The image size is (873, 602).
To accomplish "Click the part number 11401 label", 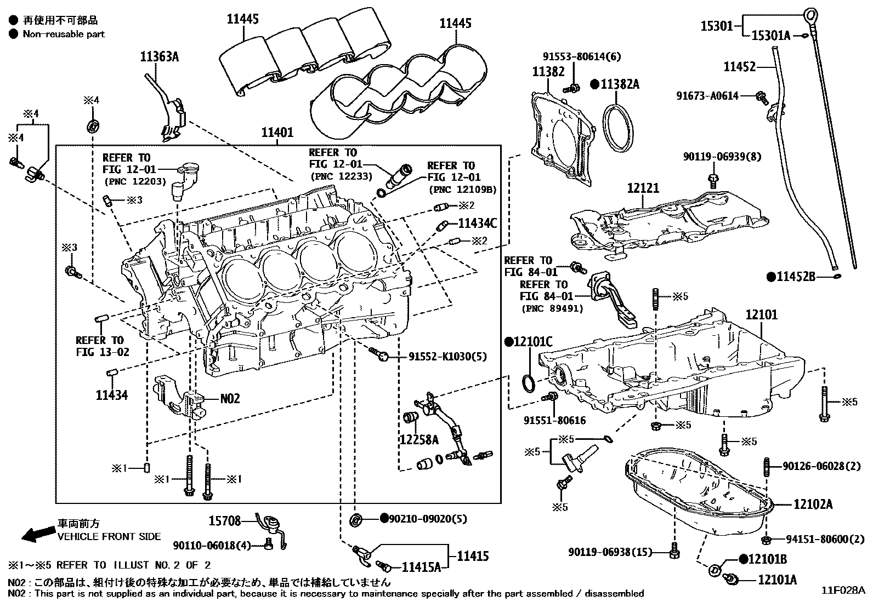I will (x=277, y=133).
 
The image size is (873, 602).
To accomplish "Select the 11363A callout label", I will (x=160, y=56).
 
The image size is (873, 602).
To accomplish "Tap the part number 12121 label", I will (x=643, y=188).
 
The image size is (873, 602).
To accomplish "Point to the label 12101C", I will (x=532, y=342).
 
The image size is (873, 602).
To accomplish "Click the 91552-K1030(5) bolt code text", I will (x=447, y=357).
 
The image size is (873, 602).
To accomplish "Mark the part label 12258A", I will (x=420, y=439).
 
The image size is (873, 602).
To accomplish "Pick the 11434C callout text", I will (x=477, y=223).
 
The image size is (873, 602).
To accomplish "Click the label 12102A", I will (x=813, y=504).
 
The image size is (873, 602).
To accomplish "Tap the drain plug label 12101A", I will (x=778, y=580).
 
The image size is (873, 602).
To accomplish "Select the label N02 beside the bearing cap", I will (x=230, y=399).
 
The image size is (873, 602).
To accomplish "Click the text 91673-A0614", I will (x=707, y=96).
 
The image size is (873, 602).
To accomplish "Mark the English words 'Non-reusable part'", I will (x=64, y=34).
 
